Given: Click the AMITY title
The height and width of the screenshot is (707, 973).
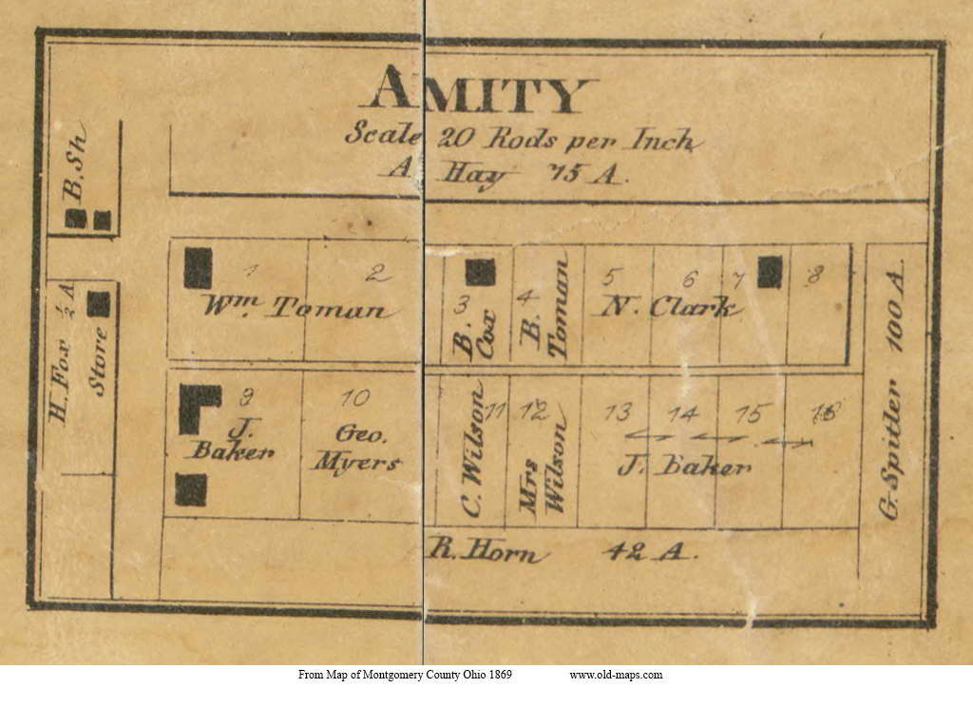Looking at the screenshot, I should coord(477,92).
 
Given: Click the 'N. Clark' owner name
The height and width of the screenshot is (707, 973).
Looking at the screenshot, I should coord(668,308).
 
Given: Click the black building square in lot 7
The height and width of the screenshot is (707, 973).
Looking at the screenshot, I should coord(770,272).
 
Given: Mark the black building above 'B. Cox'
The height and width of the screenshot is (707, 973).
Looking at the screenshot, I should coord(480,272).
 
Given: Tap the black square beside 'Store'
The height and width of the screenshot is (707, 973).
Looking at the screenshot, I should coord(99,303).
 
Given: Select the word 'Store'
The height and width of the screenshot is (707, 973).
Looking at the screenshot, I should coord(99,360).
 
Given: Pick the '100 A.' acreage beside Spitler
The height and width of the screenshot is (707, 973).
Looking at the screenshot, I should coord(894,311).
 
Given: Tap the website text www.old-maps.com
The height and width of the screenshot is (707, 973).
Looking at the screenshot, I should coord(616,675).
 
